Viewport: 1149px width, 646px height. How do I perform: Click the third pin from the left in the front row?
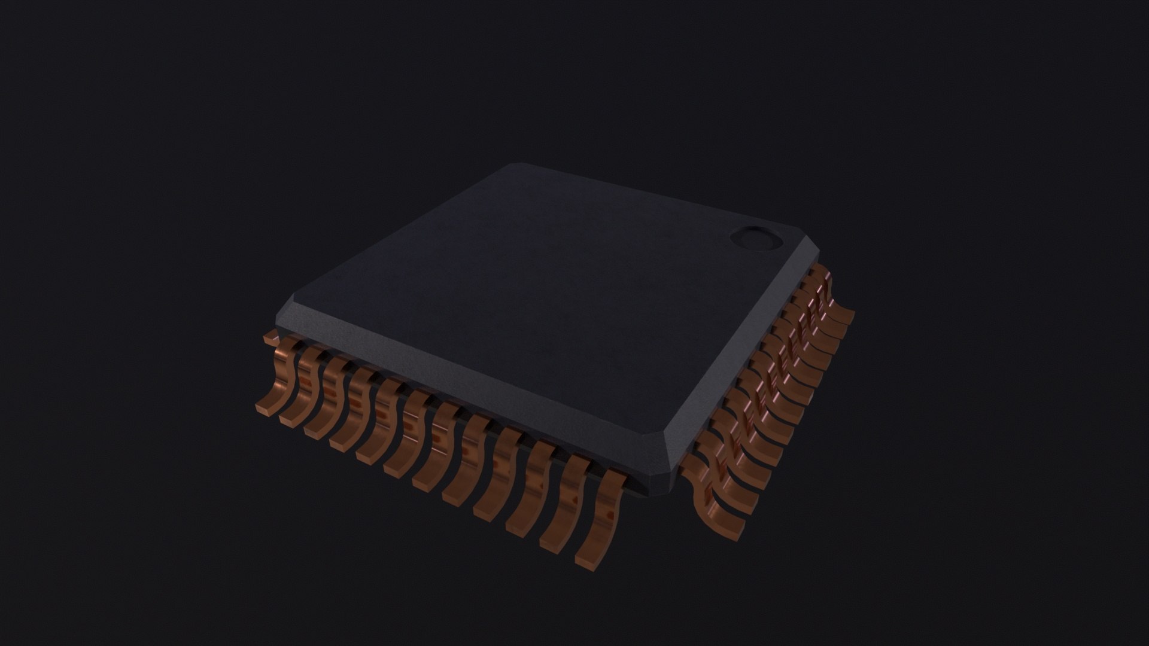(327, 402)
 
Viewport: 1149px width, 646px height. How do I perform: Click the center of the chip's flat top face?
(539, 287)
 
